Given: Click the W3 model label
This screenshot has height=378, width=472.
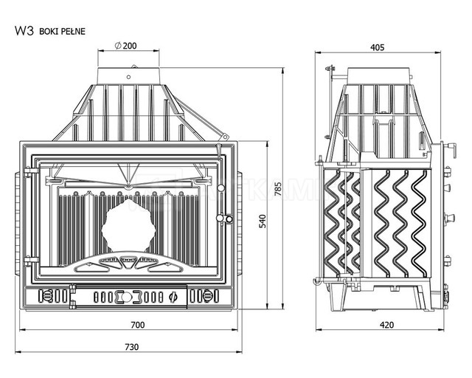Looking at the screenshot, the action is tap(24, 31).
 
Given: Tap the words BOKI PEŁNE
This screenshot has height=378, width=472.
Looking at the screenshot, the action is tap(62, 31).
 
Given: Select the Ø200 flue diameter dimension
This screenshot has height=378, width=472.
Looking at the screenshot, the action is tap(125, 46).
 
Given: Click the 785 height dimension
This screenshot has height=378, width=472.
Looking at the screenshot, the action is tap(279, 189).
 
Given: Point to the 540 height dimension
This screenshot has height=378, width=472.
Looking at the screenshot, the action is tap(263, 221).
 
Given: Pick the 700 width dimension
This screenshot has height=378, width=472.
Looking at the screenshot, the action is tap(138, 325).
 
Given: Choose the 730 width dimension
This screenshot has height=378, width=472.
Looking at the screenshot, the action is tap(132, 347).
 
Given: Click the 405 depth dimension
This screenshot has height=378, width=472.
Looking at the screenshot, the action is tap(377, 47).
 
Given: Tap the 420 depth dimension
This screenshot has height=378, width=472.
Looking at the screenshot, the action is tap(386, 325).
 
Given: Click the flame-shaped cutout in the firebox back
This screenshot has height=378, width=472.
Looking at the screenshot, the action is tap(128, 225).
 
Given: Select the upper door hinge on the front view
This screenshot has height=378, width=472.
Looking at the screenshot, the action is tap(31, 172).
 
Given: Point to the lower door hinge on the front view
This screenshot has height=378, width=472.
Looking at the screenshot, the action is tap(31, 261).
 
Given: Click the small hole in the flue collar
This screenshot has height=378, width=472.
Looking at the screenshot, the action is tap(128, 78).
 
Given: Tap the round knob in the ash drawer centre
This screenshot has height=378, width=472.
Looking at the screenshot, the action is tap(126, 297).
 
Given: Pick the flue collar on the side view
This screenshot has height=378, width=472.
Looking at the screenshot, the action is tap(378, 76).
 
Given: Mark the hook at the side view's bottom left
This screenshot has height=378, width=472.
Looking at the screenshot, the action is tap(316, 281).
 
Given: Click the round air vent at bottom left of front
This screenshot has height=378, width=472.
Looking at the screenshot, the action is tap(46, 295).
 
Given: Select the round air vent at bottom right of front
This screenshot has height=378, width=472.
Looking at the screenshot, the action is tap(207, 295).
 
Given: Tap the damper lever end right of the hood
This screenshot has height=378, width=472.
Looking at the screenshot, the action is tap(223, 137).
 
